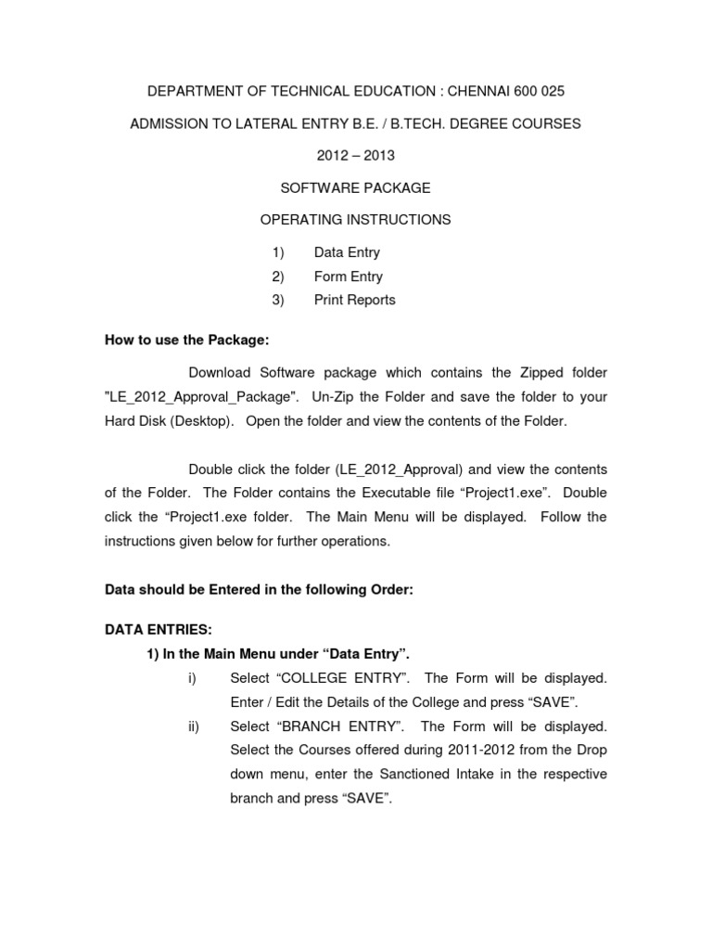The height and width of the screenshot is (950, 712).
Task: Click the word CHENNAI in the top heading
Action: [482, 92]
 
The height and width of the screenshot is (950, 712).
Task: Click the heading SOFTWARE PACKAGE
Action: [356, 187]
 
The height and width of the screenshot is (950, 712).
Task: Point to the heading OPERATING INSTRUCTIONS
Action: [356, 220]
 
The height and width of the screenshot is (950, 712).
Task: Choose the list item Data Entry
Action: [347, 252]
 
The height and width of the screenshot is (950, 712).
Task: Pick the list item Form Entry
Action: [348, 276]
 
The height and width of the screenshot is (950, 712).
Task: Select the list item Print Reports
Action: [354, 300]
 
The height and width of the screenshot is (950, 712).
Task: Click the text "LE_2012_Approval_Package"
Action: [202, 397]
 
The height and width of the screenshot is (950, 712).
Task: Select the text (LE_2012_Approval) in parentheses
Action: [403, 469]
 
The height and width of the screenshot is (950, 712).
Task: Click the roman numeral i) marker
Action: [192, 678]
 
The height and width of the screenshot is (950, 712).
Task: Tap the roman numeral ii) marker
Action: [194, 726]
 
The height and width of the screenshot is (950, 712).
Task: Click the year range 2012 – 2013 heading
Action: [356, 155]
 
